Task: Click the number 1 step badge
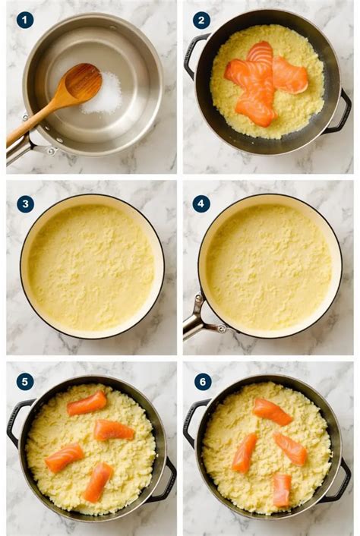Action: click(25, 20)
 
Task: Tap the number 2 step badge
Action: click(201, 20)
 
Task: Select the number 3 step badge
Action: click(25, 203)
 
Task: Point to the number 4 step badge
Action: click(201, 203)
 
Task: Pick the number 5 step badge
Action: click(25, 381)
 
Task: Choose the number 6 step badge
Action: click(202, 381)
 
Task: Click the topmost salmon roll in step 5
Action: click(87, 403)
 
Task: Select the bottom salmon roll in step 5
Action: click(97, 482)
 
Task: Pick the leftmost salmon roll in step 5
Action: click(64, 458)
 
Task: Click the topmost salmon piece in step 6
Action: click(272, 411)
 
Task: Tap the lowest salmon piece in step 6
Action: click(281, 490)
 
